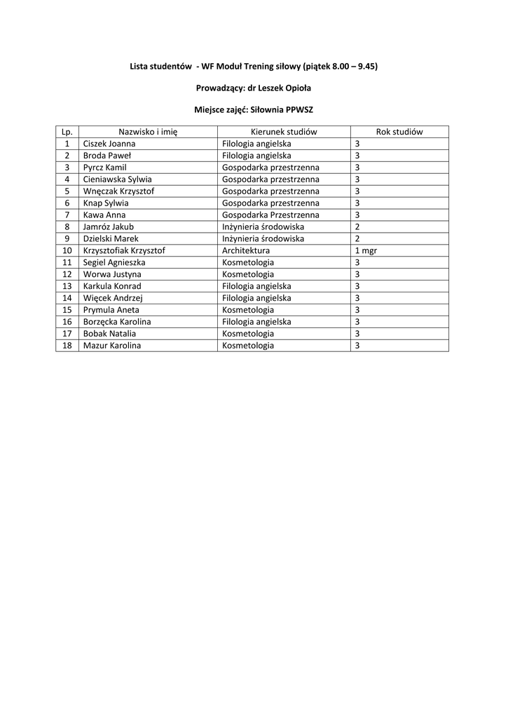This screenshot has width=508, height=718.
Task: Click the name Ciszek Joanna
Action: (x=109, y=144)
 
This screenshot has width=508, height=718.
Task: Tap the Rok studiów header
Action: (x=399, y=132)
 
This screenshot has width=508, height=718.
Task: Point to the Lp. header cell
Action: (x=67, y=132)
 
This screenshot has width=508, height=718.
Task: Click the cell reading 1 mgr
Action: (x=366, y=250)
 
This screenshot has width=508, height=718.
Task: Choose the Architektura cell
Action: (x=246, y=250)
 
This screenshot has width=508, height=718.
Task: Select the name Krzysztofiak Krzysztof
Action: (x=124, y=250)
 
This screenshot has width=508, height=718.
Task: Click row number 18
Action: (x=67, y=346)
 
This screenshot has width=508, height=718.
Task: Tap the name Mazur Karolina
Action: (x=112, y=346)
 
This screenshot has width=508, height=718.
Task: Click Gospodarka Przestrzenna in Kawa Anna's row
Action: (x=270, y=215)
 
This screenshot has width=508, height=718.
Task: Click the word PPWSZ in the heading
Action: (x=299, y=110)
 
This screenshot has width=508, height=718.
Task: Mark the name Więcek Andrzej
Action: (x=113, y=298)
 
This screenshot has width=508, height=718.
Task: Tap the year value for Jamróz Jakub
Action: (x=357, y=226)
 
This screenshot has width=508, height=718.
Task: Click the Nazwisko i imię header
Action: (x=148, y=132)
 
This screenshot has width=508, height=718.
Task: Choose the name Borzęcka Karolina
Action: (x=117, y=322)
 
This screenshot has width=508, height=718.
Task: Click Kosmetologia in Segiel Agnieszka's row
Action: (x=248, y=262)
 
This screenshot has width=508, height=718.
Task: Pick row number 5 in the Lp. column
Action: (x=67, y=191)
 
